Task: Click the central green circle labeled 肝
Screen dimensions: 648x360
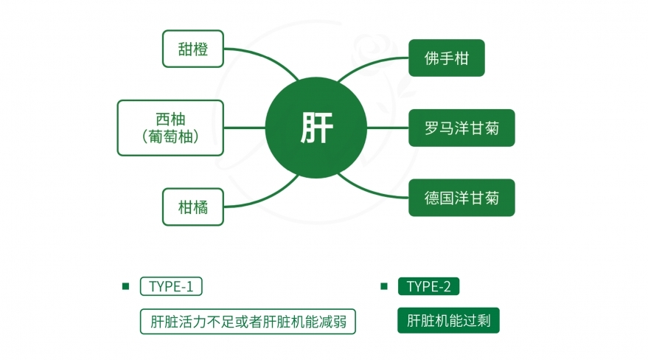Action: tap(316, 128)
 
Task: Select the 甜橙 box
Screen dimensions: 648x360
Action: tap(193, 49)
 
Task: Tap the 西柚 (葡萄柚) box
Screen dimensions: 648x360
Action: tap(170, 128)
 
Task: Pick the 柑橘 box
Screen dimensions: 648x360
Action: tap(193, 207)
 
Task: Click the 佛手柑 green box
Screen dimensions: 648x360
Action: tap(446, 58)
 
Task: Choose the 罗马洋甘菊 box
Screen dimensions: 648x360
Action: tap(461, 128)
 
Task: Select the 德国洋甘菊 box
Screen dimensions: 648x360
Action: tap(461, 198)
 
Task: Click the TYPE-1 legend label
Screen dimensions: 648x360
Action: tap(171, 286)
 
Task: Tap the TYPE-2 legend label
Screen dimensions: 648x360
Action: tap(428, 286)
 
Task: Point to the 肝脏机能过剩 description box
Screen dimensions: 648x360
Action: tap(448, 320)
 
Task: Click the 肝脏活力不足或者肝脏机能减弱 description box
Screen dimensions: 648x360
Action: tap(248, 322)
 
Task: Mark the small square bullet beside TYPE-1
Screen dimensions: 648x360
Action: tap(126, 286)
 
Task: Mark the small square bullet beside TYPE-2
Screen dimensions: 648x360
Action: tap(384, 286)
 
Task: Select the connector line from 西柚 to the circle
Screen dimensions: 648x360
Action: tap(245, 128)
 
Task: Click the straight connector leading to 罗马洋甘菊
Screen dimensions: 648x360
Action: tap(388, 128)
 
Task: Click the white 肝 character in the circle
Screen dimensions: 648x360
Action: tap(316, 128)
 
